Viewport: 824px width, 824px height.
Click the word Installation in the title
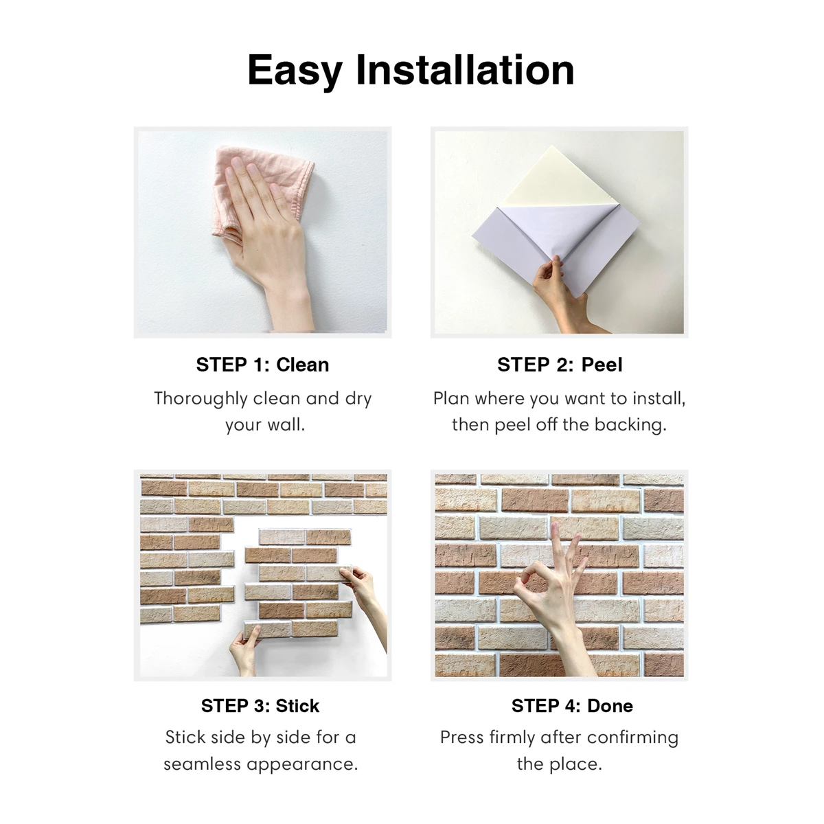point(465,71)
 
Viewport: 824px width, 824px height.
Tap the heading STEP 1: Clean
point(262,365)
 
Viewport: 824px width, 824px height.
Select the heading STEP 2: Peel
point(560,365)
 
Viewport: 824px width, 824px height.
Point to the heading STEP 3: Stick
point(260,706)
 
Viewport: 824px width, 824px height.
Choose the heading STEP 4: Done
point(572,706)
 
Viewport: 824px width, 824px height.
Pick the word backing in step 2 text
point(630,425)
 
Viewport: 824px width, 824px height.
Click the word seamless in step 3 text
point(203,764)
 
